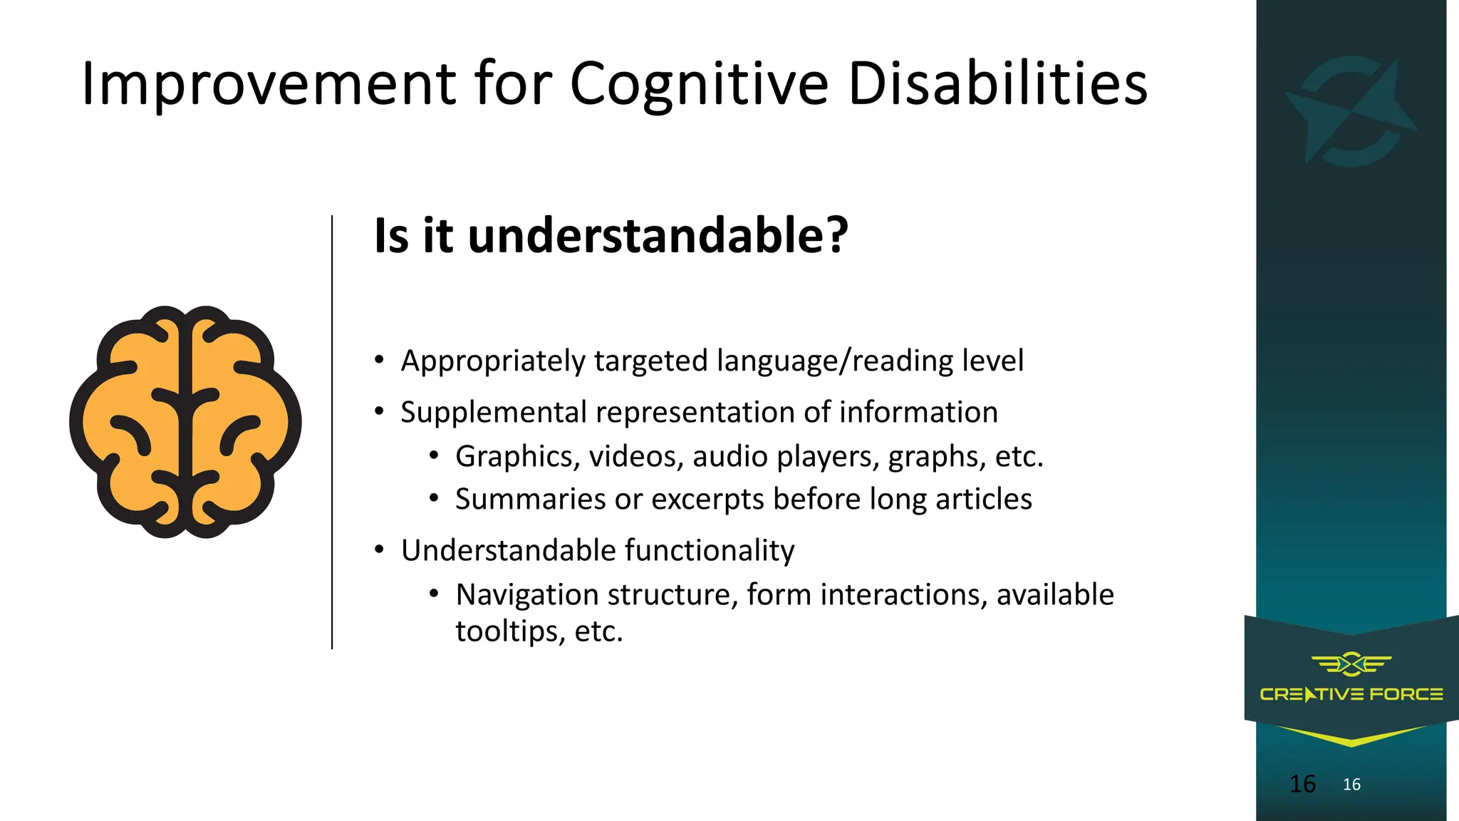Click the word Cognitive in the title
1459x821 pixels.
click(x=699, y=85)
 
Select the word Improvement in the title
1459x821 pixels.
click(x=268, y=85)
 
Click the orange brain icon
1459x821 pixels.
click(x=185, y=422)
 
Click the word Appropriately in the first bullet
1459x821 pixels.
click(x=493, y=361)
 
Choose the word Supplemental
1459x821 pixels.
click(x=493, y=413)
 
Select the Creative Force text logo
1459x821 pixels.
click(x=1351, y=694)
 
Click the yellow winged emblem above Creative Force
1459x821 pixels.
click(x=1351, y=664)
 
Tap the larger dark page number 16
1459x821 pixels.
click(x=1302, y=784)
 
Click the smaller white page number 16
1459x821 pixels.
click(x=1351, y=785)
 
